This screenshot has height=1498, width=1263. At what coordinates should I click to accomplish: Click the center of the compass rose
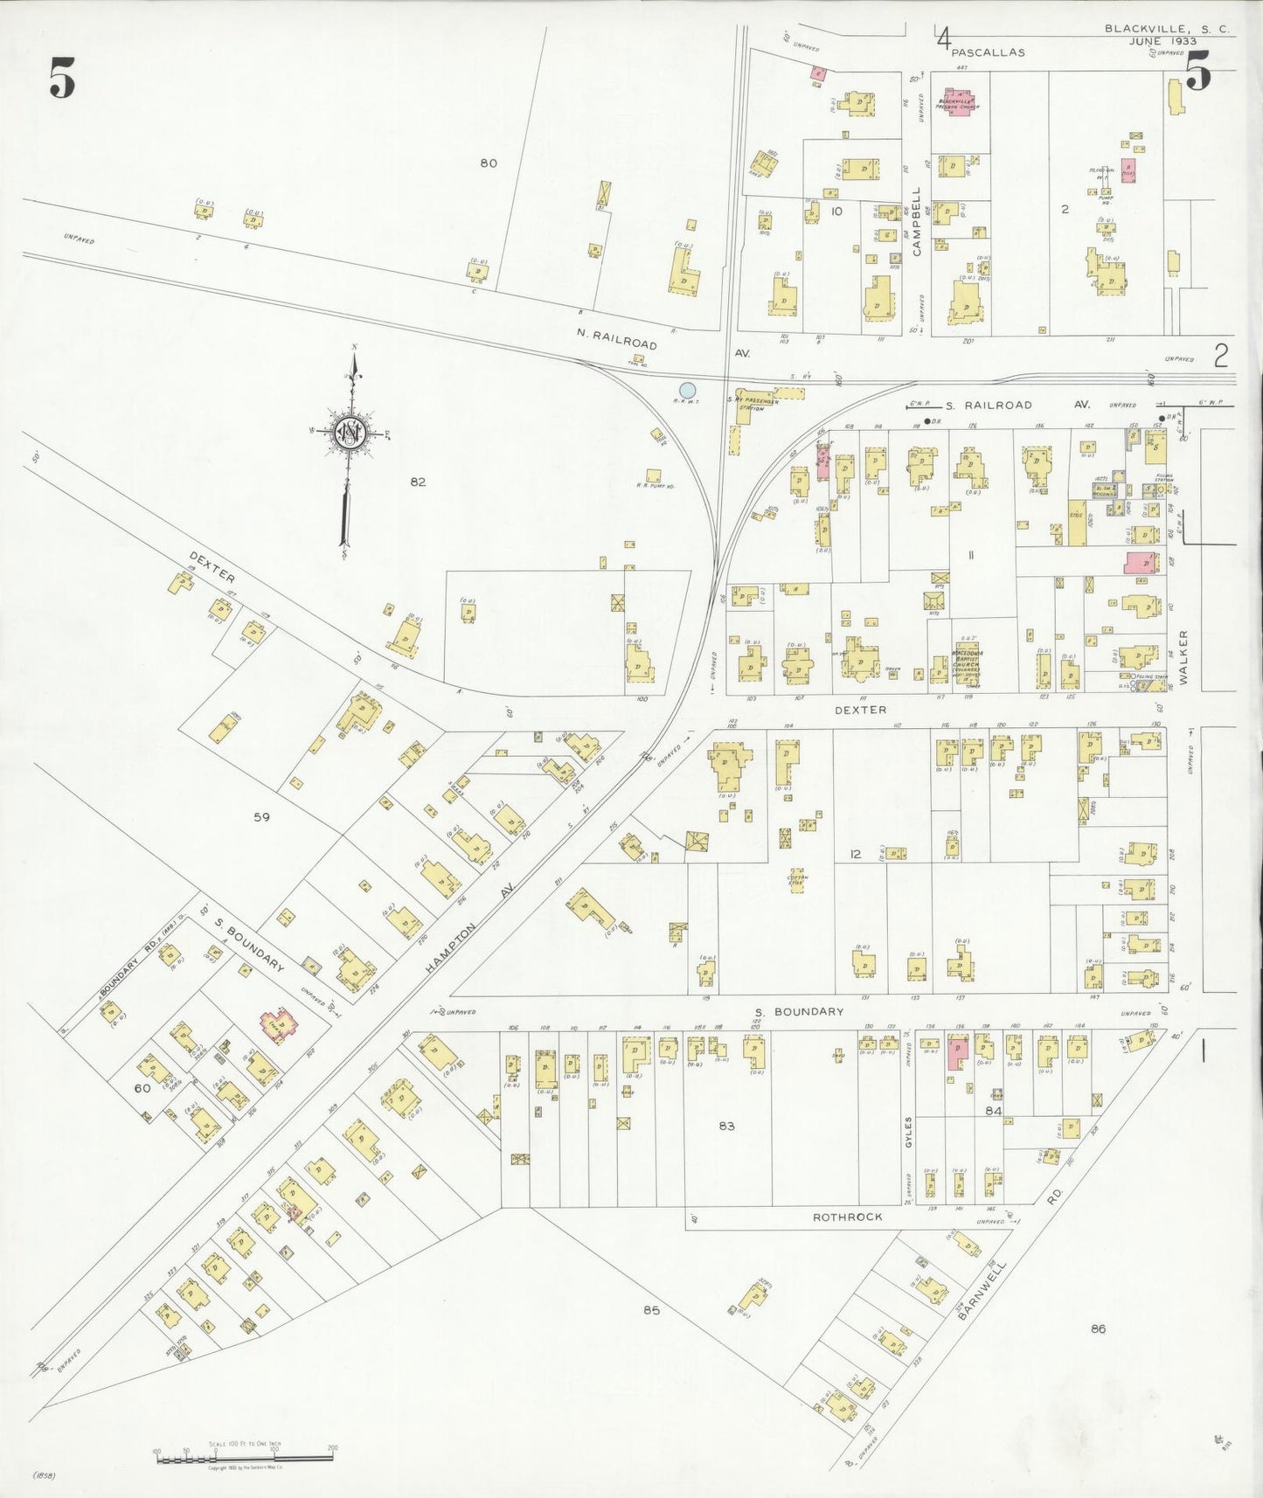pyautogui.click(x=351, y=432)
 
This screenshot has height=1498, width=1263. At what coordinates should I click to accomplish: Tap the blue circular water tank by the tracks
pyautogui.click(x=688, y=390)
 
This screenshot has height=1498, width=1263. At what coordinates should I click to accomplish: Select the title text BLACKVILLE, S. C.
pyautogui.click(x=1166, y=29)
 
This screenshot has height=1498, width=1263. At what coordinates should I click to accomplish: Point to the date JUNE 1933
pyautogui.click(x=1162, y=41)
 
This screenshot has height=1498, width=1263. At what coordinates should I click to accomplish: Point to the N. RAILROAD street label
pyautogui.click(x=616, y=338)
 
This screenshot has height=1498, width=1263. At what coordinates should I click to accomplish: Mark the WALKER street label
pyautogui.click(x=1185, y=656)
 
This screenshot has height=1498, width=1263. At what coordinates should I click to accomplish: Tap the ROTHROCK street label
pyautogui.click(x=847, y=1217)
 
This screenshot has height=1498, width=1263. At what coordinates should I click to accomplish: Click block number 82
pyautogui.click(x=418, y=482)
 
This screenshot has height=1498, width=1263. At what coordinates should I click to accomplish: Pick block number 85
pyautogui.click(x=651, y=1309)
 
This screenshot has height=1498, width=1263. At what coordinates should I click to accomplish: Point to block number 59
pyautogui.click(x=261, y=817)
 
